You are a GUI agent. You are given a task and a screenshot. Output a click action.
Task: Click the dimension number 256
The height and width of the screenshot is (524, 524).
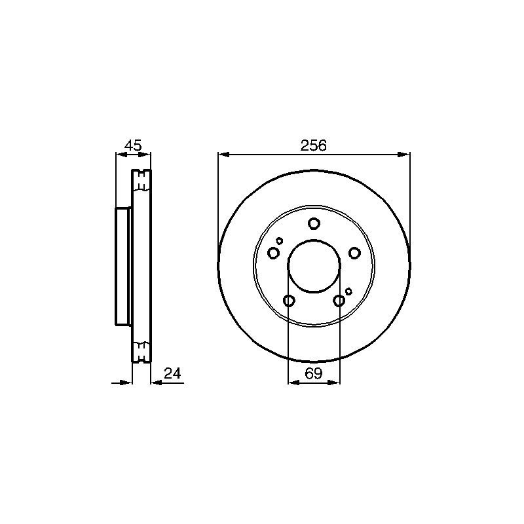313,145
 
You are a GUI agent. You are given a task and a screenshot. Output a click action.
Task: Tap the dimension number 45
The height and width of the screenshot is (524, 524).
133,145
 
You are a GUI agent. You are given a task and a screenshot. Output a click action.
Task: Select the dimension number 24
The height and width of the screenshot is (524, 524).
172,373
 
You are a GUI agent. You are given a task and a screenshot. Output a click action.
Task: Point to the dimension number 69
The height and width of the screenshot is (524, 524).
314,373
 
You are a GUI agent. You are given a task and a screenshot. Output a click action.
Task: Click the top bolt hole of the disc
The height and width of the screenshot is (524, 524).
314,223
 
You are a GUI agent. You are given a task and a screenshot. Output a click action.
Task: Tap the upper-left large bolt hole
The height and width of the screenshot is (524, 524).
273,253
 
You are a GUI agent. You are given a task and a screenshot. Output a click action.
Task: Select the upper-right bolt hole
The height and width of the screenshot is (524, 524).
354,253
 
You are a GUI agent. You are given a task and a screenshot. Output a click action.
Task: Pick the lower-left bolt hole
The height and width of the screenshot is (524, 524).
289,301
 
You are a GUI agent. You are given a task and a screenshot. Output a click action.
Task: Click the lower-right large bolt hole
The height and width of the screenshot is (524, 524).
339,301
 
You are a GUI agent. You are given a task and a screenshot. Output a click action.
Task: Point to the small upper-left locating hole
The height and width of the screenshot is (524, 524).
280,240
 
